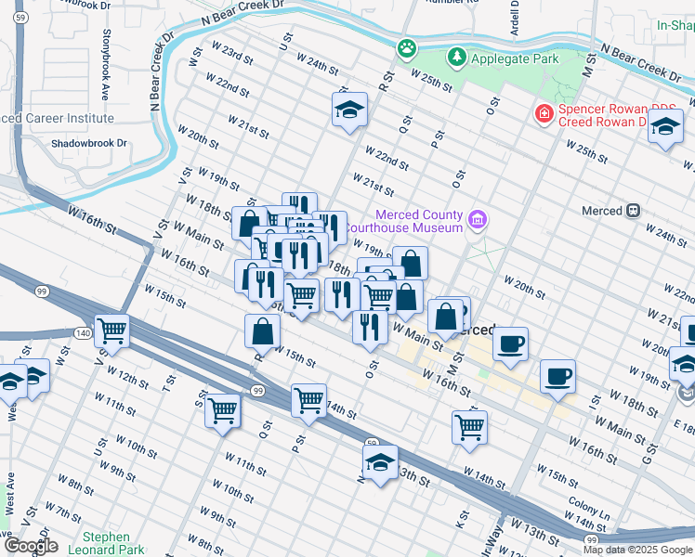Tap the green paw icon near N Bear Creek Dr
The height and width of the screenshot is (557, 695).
click(x=407, y=47)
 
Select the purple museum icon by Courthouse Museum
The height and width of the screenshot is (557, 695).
click(x=478, y=220)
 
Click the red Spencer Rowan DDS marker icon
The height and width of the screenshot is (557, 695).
click(x=543, y=114)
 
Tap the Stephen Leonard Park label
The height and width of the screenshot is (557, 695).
click(x=112, y=543)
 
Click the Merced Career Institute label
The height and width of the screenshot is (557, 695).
click(x=58, y=119)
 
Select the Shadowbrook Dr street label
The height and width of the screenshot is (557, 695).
click(x=87, y=144)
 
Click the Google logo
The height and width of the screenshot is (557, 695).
click(x=31, y=547)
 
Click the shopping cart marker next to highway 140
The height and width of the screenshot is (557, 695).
click(x=111, y=330)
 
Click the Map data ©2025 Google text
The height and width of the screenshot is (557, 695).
click(x=636, y=550)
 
